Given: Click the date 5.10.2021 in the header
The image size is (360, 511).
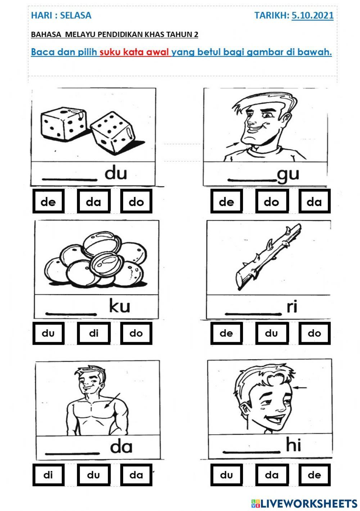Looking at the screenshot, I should (312, 15).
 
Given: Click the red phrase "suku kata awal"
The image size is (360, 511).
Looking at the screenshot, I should (134, 52).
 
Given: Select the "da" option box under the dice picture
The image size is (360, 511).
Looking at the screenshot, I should (94, 202).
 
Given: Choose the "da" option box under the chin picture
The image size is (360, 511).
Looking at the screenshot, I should (314, 202).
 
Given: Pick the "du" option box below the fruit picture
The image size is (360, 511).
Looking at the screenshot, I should (48, 333).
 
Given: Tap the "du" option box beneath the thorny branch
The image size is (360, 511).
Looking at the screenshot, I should (271, 333).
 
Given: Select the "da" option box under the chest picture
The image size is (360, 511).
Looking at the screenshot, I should (136, 475).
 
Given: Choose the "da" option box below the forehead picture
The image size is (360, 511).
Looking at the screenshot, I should (271, 475).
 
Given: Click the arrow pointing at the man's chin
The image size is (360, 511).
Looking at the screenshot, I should (232, 145).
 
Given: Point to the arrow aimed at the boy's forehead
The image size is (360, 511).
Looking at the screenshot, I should (300, 388).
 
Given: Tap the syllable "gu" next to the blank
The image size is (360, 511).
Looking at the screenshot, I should (288, 174).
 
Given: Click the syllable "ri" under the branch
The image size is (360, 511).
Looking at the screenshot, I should (292, 306).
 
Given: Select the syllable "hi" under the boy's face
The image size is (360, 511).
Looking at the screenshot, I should (293, 445).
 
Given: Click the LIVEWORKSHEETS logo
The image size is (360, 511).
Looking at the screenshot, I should (304, 503).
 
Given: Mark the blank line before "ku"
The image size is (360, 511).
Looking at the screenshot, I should (71, 314).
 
